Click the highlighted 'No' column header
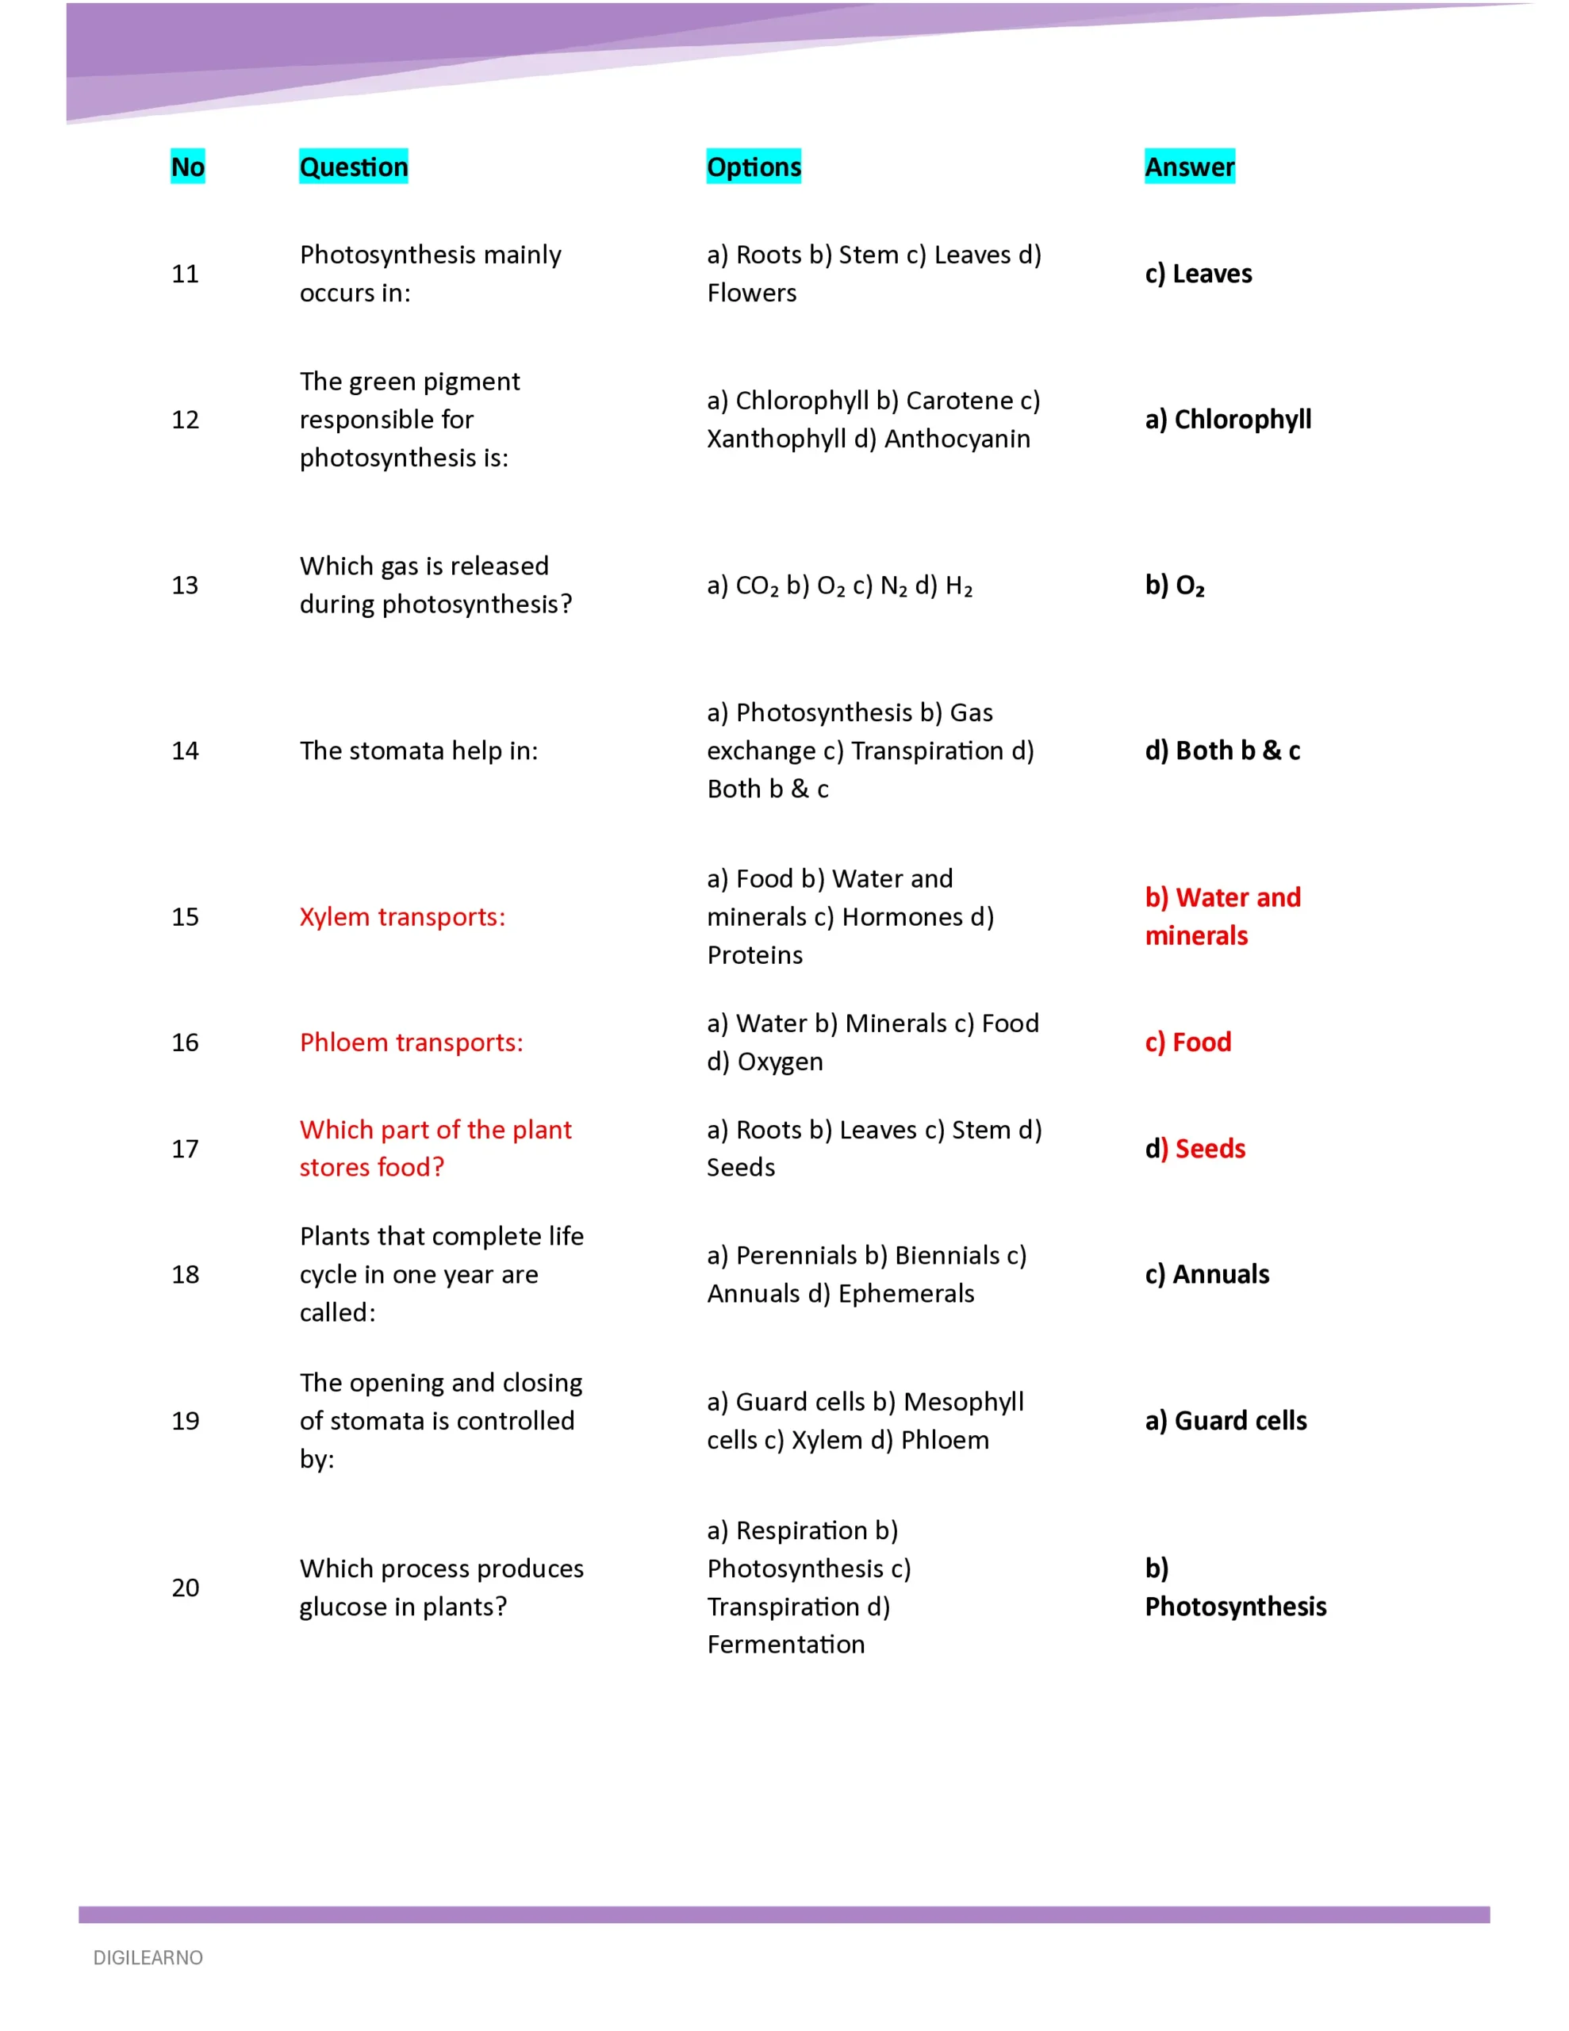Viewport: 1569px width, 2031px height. point(187,167)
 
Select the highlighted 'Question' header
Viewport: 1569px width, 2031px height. point(354,167)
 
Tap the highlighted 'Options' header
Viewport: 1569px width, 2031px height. point(754,167)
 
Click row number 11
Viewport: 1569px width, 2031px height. point(185,274)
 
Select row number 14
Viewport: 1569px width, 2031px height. point(185,751)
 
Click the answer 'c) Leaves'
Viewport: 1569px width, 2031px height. point(1198,274)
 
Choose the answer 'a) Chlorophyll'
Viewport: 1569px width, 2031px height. point(1228,420)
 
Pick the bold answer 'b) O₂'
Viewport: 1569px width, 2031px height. point(1175,585)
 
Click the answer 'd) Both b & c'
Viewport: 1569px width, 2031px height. point(1222,751)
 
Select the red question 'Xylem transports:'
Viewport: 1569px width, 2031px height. point(402,917)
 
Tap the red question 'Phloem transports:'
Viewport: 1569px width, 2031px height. point(411,1042)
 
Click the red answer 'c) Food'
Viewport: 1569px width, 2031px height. point(1187,1042)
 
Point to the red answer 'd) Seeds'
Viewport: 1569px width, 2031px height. point(1195,1149)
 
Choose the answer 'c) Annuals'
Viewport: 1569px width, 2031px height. point(1206,1274)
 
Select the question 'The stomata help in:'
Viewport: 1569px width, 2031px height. point(419,751)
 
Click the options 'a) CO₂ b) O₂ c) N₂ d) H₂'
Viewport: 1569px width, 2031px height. point(839,585)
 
